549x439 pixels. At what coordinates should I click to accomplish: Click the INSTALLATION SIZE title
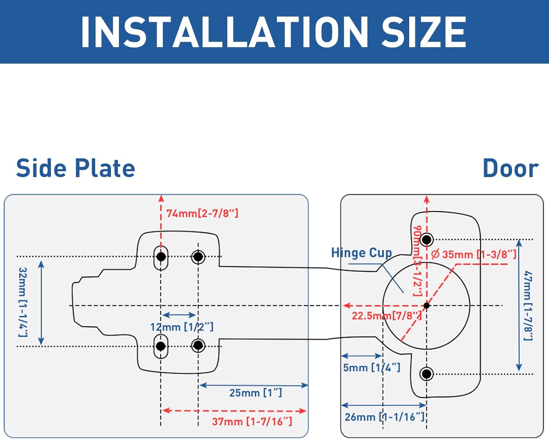(273, 32)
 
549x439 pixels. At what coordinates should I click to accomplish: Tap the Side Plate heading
(75, 168)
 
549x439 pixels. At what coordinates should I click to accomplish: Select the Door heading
(511, 168)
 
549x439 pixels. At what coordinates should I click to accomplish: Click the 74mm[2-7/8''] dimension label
(202, 213)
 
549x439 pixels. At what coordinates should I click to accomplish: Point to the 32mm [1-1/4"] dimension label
(23, 302)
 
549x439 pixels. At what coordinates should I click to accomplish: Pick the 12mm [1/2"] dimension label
(182, 327)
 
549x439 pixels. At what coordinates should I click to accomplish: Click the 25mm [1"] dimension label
(255, 393)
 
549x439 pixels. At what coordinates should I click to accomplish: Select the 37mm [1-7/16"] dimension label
(252, 422)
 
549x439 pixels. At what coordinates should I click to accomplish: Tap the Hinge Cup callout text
(362, 253)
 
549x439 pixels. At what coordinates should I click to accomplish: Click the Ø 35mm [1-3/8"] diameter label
(474, 254)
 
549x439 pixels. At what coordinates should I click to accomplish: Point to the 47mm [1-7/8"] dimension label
(528, 306)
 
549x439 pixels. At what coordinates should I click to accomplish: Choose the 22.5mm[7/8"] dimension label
(387, 316)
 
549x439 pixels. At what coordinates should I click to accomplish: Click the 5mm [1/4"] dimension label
(372, 368)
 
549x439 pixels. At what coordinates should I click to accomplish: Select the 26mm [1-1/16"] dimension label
(384, 417)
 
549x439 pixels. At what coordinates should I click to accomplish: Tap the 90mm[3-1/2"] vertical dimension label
(417, 261)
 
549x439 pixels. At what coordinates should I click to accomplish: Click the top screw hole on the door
(426, 240)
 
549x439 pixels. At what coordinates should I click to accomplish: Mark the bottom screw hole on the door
(426, 374)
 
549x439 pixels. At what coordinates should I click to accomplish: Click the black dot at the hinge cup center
(426, 305)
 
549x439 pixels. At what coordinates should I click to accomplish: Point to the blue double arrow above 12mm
(179, 315)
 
